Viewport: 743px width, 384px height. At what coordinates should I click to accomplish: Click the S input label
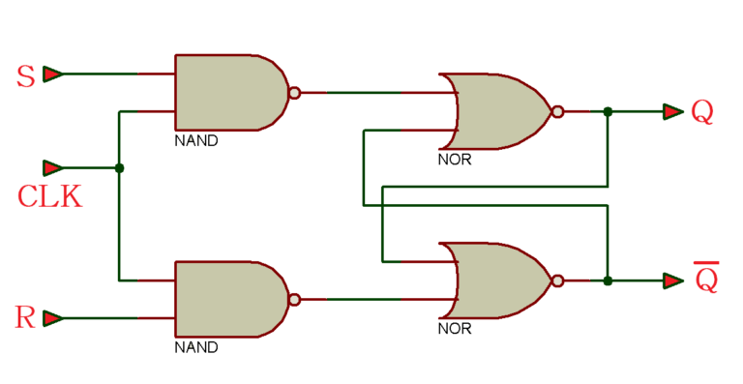(26, 76)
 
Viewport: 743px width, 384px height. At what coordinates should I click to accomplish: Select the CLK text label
(49, 197)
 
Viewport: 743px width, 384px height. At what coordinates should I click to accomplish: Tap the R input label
(26, 317)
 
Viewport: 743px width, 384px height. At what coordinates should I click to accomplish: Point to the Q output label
(702, 112)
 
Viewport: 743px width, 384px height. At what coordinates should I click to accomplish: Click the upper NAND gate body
(228, 93)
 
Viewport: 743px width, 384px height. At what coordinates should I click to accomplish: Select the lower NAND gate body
(228, 299)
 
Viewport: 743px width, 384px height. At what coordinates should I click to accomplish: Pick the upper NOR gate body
(498, 111)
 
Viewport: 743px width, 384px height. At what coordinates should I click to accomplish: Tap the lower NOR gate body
(498, 281)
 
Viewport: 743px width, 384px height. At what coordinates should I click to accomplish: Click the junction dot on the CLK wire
(119, 168)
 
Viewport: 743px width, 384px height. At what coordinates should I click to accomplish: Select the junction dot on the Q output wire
(608, 112)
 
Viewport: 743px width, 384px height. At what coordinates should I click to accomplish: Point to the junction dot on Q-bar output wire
(608, 281)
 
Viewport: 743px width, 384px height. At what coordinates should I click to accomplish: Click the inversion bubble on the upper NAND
(294, 94)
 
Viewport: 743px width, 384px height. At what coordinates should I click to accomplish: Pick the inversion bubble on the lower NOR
(557, 281)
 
